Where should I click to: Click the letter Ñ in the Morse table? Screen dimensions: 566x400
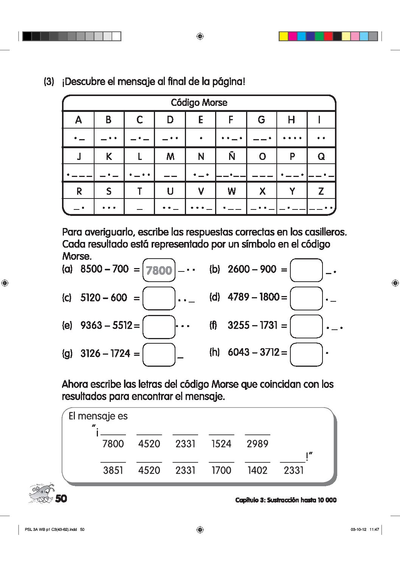pos(231,156)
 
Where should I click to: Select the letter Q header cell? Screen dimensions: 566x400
pos(321,156)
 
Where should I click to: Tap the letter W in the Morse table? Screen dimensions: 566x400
pos(231,191)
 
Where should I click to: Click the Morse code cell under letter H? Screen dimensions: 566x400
pos(292,138)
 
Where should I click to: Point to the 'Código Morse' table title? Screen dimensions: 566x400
pos(199,102)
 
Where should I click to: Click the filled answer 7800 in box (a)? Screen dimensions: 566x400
pos(159,270)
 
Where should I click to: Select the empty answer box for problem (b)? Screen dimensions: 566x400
pos(306,270)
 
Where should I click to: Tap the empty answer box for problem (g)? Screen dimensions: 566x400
pos(159,355)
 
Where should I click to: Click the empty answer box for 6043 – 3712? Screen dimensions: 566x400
pos(306,354)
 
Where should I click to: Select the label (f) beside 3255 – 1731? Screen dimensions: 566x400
pos(214,325)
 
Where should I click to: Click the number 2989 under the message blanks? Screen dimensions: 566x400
pos(257,444)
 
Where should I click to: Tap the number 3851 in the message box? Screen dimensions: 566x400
pos(113,470)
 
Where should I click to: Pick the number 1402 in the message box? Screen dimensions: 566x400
pos(257,470)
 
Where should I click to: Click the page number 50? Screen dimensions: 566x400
pos(61,498)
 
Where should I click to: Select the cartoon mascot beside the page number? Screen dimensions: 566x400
pos(41,493)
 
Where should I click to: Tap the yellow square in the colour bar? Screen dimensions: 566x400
pos(284,36)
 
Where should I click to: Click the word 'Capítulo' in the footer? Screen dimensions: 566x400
pos(247,500)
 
